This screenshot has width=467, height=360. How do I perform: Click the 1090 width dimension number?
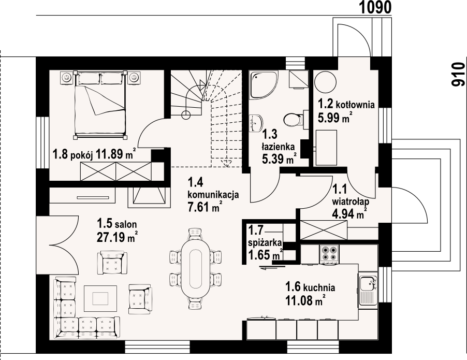(x=375, y=7)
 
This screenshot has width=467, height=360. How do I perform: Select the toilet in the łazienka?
(x=293, y=120)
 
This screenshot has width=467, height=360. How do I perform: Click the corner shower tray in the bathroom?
(x=264, y=84)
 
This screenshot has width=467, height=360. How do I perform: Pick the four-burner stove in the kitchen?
(x=329, y=254)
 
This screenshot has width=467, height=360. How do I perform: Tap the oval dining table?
(x=196, y=268)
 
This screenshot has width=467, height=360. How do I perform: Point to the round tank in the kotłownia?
(x=326, y=82)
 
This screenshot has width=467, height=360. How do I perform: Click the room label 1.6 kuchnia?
(x=310, y=287)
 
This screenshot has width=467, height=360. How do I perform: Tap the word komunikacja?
(x=213, y=195)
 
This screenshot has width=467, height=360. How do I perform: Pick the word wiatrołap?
(x=351, y=201)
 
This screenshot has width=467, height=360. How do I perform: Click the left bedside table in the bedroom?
(x=67, y=78)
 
